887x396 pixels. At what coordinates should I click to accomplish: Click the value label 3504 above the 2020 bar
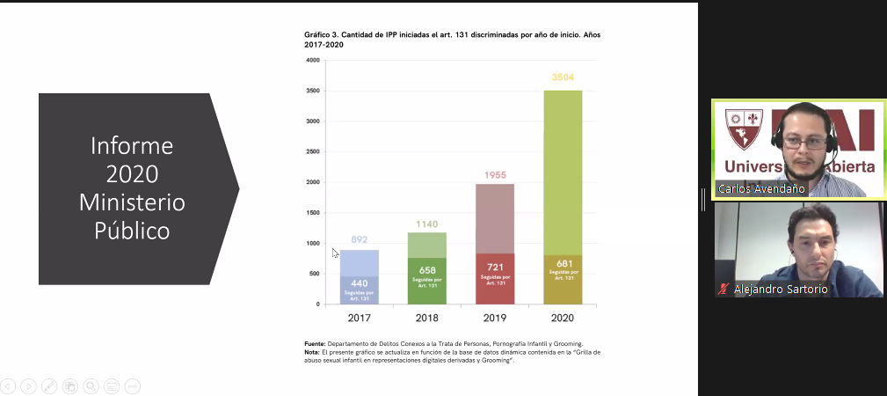pos(563,77)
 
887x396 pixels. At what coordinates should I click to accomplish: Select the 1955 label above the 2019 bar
pos(495,175)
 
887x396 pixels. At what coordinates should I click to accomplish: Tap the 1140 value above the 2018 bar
pos(426,224)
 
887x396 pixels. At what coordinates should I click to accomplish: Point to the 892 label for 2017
pos(359,239)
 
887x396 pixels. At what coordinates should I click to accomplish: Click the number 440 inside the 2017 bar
pos(359,282)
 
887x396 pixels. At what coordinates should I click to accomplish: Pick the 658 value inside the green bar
pos(426,270)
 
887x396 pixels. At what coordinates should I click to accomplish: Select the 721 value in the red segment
pos(495,267)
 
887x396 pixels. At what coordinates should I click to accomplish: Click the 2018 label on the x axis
pos(427,318)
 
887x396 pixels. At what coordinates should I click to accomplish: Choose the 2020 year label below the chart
pos(563,318)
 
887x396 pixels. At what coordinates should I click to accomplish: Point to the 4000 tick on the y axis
pos(312,60)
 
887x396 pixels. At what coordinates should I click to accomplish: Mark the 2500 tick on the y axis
pos(312,151)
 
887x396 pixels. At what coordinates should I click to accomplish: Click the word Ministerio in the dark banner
pos(132,202)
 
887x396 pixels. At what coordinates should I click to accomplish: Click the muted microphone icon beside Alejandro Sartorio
pos(723,289)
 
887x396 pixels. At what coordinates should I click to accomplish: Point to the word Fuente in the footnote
pos(314,343)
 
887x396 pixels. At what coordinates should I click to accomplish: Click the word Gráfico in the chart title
pos(318,34)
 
